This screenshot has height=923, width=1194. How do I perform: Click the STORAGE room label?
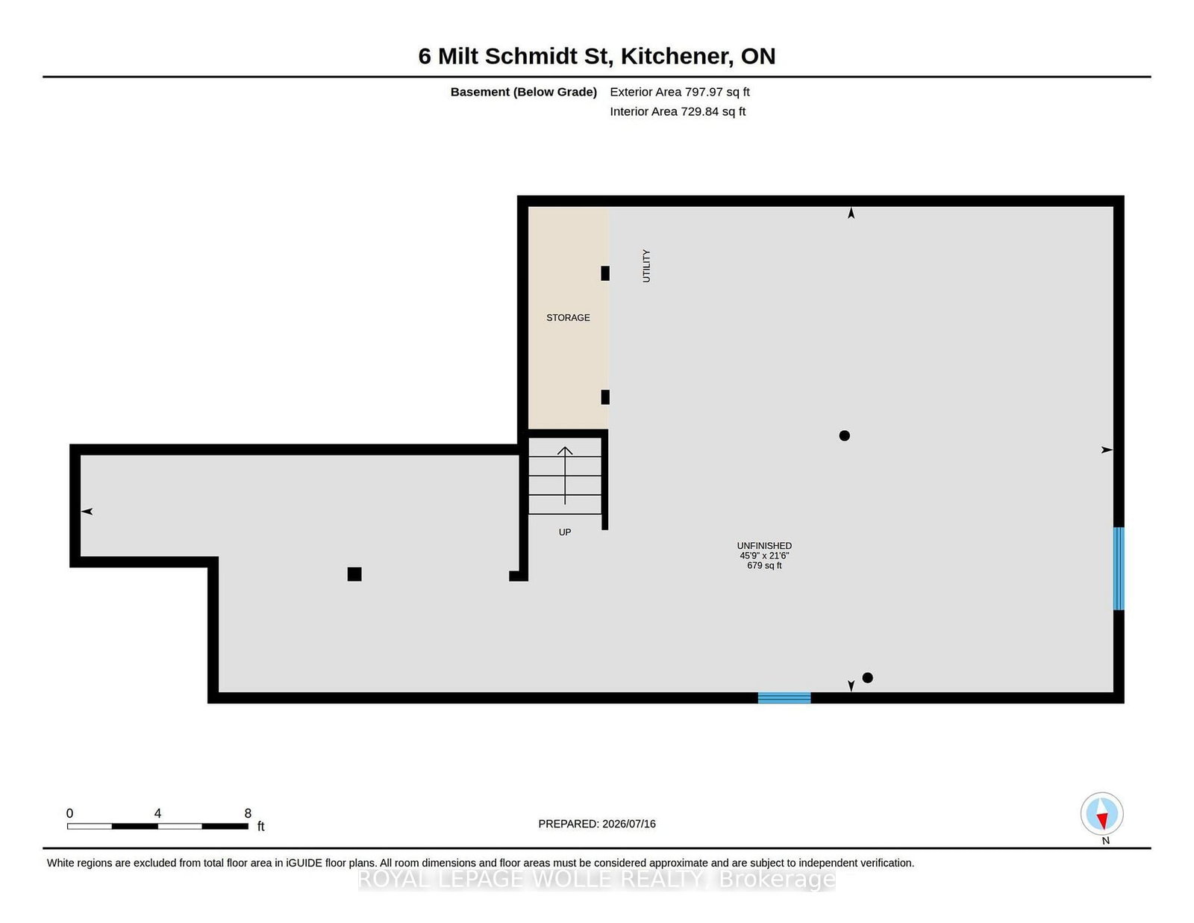pyautogui.click(x=568, y=317)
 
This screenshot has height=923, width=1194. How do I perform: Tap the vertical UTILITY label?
pyautogui.click(x=646, y=266)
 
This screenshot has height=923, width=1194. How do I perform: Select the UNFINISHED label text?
pyautogui.click(x=764, y=546)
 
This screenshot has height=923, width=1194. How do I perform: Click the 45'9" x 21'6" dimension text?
pyautogui.click(x=764, y=556)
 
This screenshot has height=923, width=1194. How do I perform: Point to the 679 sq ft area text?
pyautogui.click(x=764, y=566)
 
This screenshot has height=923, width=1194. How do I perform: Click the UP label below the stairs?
pyautogui.click(x=565, y=532)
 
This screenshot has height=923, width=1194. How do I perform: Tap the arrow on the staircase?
pyautogui.click(x=565, y=476)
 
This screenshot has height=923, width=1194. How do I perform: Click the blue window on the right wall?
pyautogui.click(x=1119, y=568)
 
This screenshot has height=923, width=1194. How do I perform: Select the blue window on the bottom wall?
pyautogui.click(x=784, y=697)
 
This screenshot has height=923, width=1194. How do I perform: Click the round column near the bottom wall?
pyautogui.click(x=868, y=678)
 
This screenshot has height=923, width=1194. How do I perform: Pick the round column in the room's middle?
pyautogui.click(x=845, y=436)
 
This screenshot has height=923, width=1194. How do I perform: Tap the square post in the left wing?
pyautogui.click(x=354, y=574)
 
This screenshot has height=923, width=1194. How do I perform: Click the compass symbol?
pyautogui.click(x=1101, y=814)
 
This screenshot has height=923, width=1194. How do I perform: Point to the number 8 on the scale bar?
pyautogui.click(x=248, y=813)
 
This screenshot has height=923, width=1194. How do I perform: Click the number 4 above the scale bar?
pyautogui.click(x=157, y=813)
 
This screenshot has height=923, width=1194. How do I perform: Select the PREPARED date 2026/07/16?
pyautogui.click(x=628, y=824)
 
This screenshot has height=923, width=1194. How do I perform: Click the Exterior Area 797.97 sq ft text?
pyautogui.click(x=680, y=92)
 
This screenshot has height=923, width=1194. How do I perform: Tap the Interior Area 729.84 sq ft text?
pyautogui.click(x=678, y=111)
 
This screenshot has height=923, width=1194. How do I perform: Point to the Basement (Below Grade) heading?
pyautogui.click(x=524, y=92)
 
